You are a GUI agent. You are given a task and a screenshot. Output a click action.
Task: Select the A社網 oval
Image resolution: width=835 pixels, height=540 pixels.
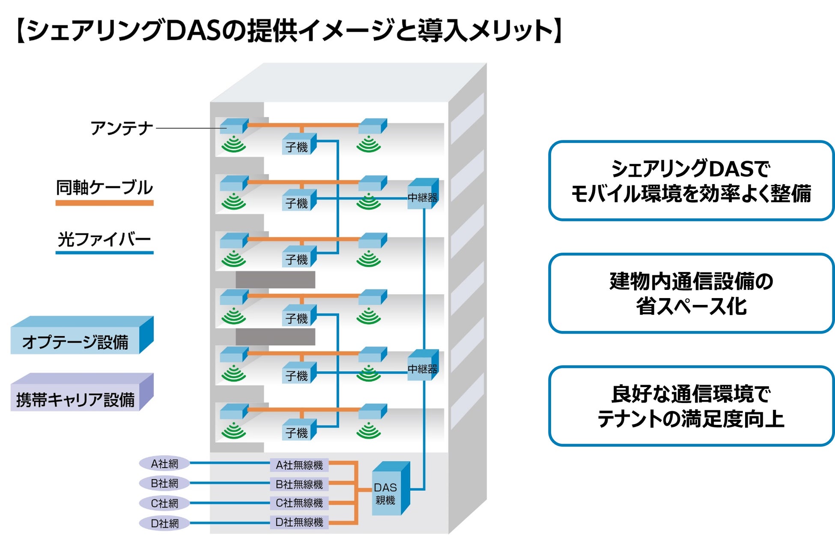tap(164, 463)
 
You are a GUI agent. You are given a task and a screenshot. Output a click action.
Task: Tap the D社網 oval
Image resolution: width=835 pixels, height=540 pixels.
tap(164, 523)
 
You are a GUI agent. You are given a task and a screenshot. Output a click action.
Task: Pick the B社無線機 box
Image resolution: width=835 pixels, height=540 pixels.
tap(299, 484)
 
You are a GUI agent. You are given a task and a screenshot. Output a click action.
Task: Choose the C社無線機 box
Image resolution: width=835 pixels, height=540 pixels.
tap(299, 503)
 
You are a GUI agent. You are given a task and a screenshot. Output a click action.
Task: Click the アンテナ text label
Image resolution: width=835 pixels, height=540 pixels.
tap(122, 128)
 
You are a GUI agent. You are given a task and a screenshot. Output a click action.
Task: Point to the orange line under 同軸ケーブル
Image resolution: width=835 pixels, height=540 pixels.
tap(104, 203)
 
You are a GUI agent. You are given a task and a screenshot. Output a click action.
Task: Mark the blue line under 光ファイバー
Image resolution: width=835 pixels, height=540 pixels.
tap(104, 253)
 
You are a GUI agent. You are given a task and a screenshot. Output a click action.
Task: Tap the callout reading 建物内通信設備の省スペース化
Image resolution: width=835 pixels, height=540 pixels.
tap(691, 294)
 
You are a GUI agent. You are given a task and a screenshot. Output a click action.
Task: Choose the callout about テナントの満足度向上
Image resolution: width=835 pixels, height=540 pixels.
tap(691, 406)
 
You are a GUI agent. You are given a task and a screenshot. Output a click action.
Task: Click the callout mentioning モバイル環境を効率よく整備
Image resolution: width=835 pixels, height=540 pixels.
tap(691, 181)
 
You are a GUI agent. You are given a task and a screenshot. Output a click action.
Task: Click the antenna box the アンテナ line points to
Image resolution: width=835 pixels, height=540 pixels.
tap(233, 126)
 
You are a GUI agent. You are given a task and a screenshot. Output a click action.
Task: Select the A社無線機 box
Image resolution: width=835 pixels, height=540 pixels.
tap(299, 465)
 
